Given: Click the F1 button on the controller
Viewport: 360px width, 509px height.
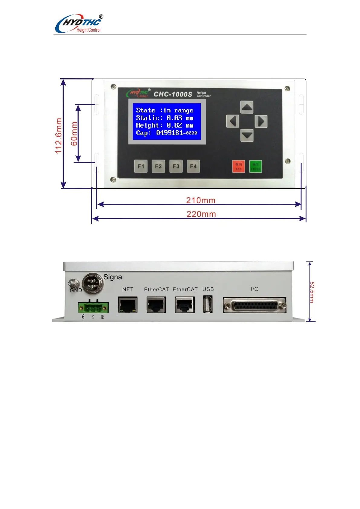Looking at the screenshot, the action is [x=141, y=166].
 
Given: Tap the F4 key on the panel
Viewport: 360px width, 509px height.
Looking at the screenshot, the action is [x=193, y=166].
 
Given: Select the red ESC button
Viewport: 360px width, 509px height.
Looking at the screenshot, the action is [x=238, y=166].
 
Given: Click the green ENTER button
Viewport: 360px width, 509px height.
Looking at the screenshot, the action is [x=255, y=166].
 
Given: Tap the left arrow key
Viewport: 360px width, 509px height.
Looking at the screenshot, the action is [x=232, y=122].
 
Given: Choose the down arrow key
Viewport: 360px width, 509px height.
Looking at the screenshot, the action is [x=247, y=135].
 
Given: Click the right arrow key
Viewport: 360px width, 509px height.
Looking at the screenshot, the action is [x=261, y=122].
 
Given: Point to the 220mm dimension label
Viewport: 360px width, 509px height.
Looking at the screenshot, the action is [x=201, y=214].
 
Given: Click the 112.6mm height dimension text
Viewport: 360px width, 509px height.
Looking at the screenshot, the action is [x=59, y=136].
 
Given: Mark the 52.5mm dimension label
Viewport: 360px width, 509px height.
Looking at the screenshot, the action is [x=312, y=292].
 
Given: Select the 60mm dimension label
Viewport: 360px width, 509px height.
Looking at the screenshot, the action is [x=74, y=134].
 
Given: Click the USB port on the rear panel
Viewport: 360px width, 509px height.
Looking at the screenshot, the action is [x=208, y=304].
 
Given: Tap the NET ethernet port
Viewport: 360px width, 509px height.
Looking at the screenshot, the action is [x=128, y=305].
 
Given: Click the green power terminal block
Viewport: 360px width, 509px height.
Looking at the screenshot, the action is [x=93, y=308].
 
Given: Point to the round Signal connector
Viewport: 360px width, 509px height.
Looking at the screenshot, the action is [x=93, y=283].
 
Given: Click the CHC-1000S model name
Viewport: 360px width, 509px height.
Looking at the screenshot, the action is [x=173, y=94].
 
